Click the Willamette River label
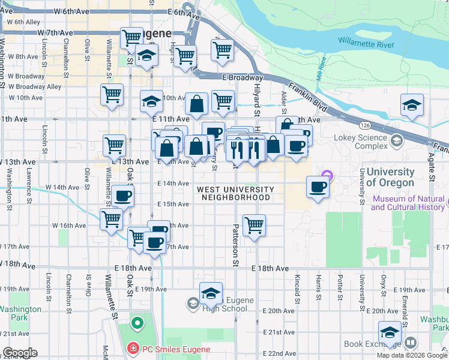click(x=366, y=43)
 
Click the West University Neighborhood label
click(x=235, y=193)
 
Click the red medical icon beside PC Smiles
click(x=132, y=349)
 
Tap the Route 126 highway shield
click(x=364, y=125)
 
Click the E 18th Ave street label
click(x=271, y=268)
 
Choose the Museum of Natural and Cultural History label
click(x=409, y=203)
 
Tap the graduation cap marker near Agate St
click(x=412, y=106)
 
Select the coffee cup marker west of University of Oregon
click(x=318, y=187)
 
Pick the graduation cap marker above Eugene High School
click(x=211, y=294)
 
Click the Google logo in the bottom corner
click(x=19, y=353)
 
